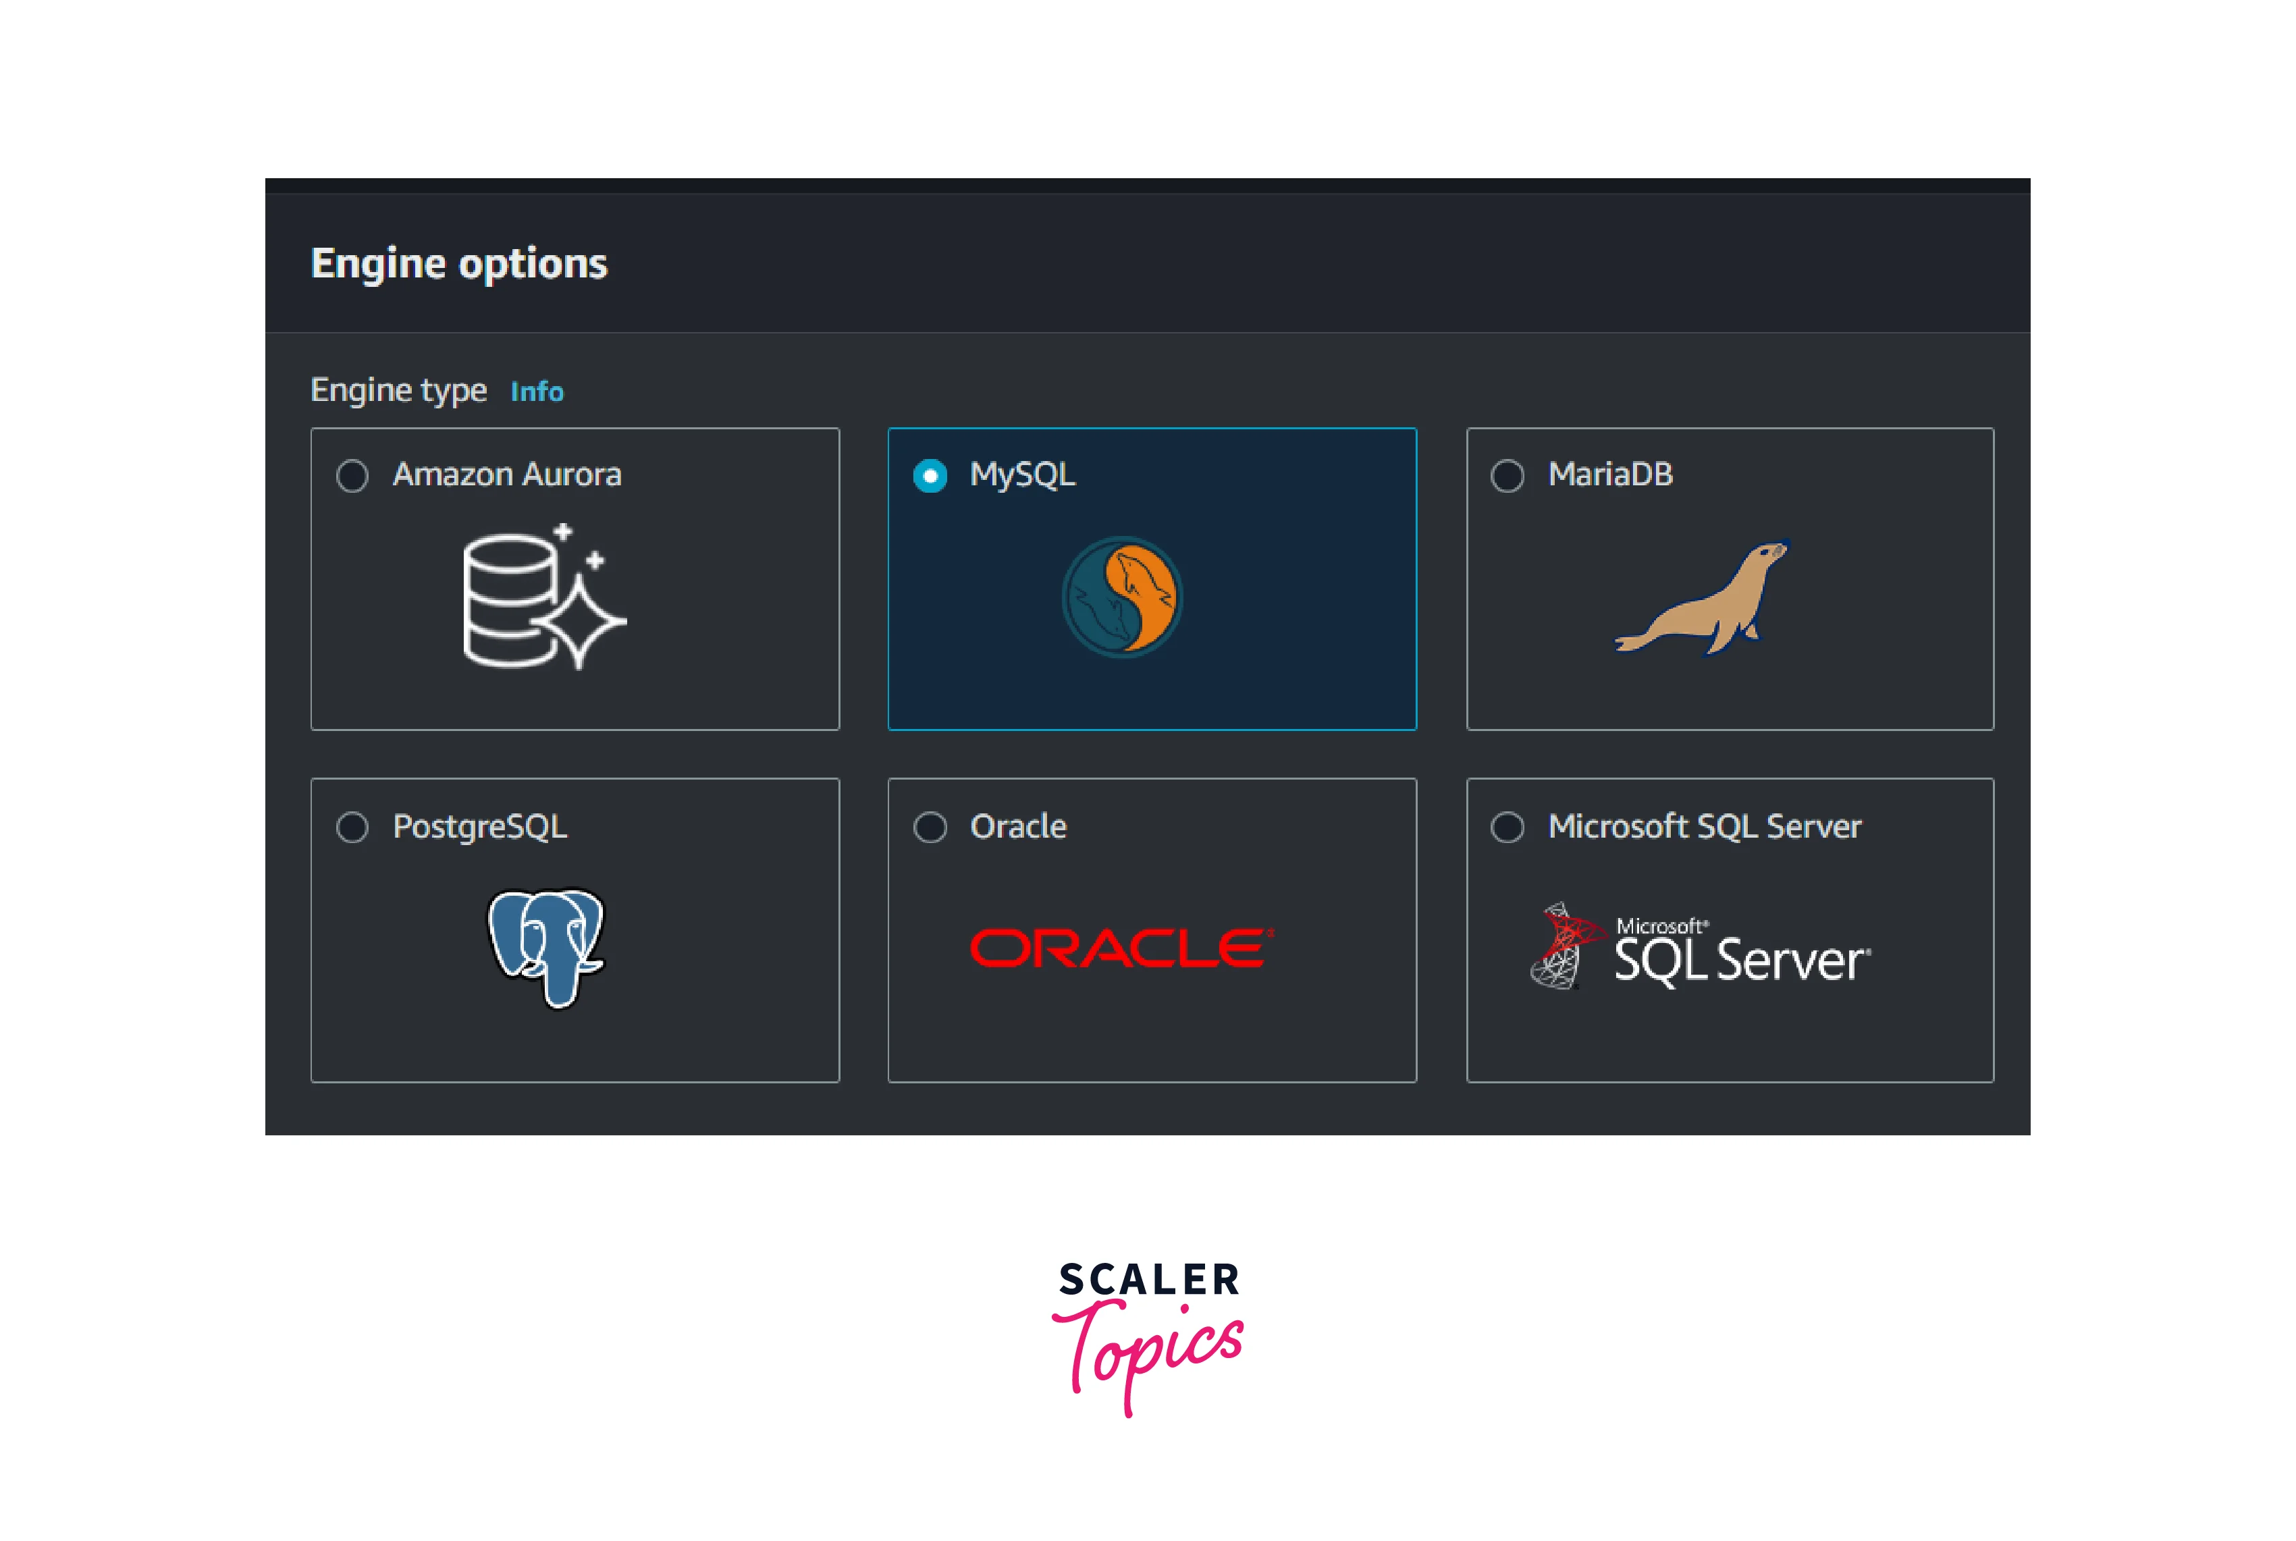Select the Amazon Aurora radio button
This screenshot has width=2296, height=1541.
point(352,476)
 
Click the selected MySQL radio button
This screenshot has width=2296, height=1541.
point(930,476)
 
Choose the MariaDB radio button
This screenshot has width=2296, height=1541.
point(1507,476)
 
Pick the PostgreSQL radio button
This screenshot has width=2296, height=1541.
point(352,826)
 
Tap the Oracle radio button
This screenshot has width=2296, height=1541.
point(930,826)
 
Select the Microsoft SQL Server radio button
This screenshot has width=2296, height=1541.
point(1507,826)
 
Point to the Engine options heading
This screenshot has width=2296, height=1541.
point(459,263)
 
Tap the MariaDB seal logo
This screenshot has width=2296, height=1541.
point(1703,597)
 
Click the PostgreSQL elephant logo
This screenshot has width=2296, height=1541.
point(546,946)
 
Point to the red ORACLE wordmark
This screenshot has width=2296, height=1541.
point(1121,948)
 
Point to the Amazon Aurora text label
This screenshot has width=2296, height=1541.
point(507,475)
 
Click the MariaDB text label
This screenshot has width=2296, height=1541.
point(1610,475)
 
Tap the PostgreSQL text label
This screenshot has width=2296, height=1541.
point(479,826)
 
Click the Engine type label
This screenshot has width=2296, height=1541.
point(398,390)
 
